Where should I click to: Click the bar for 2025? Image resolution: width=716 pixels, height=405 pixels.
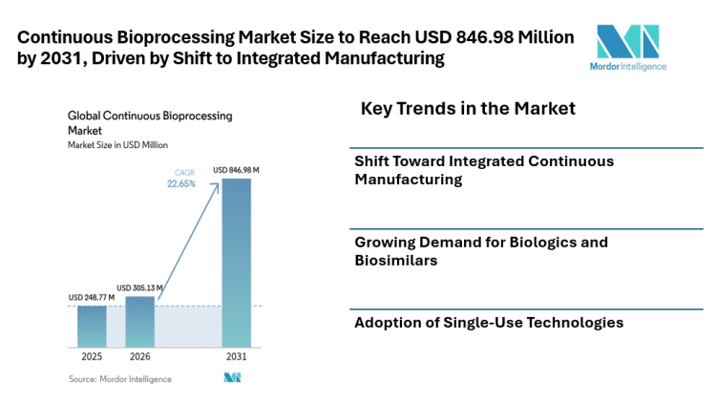[x=92, y=326]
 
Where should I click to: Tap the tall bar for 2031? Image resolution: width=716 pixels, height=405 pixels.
[x=237, y=263]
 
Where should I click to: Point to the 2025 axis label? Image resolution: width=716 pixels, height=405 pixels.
[x=92, y=356]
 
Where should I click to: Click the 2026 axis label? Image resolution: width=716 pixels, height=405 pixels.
[x=139, y=356]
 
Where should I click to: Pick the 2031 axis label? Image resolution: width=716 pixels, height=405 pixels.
[x=237, y=356]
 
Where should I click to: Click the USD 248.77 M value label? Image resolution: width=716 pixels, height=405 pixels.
[x=92, y=298]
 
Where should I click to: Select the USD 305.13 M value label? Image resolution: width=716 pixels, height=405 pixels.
[x=140, y=288]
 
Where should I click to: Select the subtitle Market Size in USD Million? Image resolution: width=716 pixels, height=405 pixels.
[x=117, y=145]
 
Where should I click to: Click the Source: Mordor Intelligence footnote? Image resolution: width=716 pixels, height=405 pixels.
[x=119, y=379]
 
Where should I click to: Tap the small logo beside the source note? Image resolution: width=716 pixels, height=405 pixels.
[x=232, y=378]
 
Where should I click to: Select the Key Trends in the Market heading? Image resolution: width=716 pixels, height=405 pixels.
[x=468, y=109]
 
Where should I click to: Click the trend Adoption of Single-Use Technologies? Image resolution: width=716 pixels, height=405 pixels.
[x=489, y=323]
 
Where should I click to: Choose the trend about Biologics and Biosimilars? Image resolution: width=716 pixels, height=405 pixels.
[x=481, y=250]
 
